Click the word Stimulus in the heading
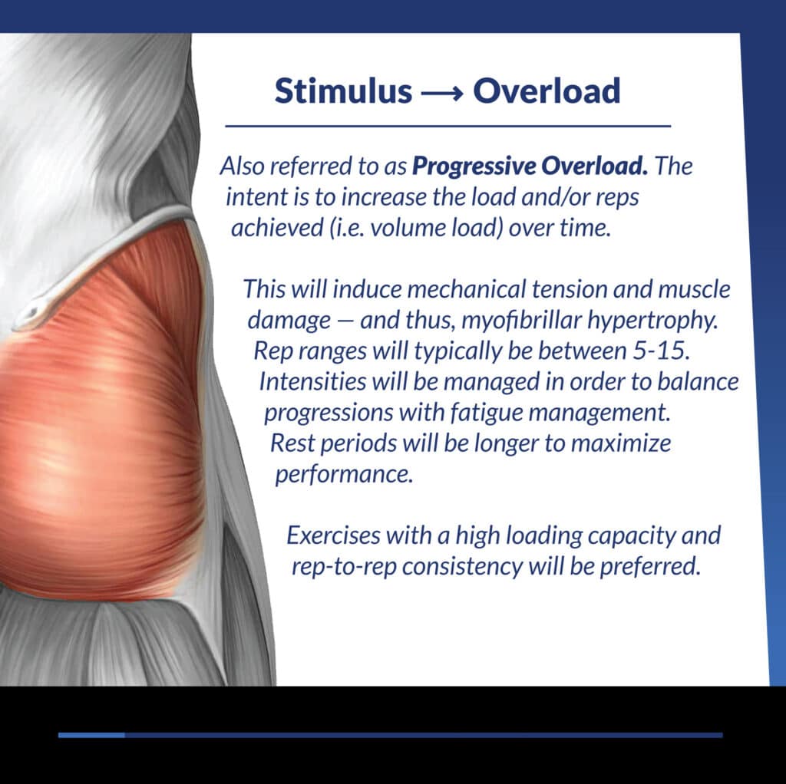click(343, 91)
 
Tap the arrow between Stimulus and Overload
click(442, 94)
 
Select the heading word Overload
click(547, 91)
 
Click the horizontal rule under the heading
click(447, 127)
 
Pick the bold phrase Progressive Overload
click(530, 166)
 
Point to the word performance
click(344, 474)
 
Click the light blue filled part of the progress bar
click(91, 735)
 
